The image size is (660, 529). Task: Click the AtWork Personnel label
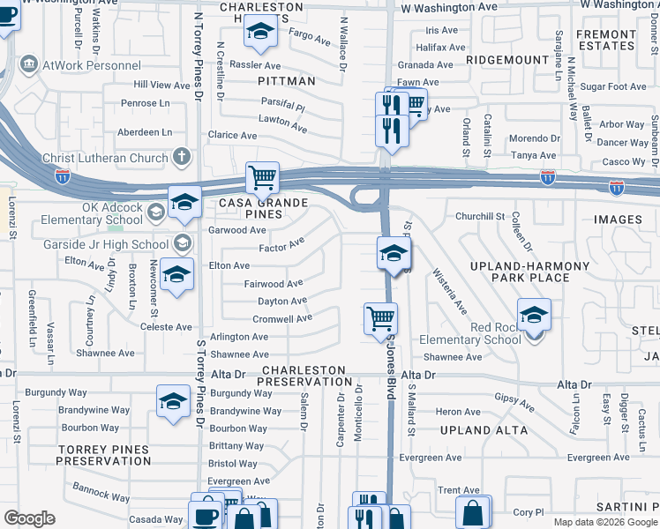(x=81, y=64)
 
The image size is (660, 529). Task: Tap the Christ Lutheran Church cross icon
(x=182, y=158)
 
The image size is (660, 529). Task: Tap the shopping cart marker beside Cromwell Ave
(x=380, y=319)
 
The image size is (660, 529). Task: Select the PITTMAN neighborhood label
(x=287, y=80)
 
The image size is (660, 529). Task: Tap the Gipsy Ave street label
(x=514, y=402)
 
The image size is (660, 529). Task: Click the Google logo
(x=29, y=518)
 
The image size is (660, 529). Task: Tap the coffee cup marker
(x=206, y=515)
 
